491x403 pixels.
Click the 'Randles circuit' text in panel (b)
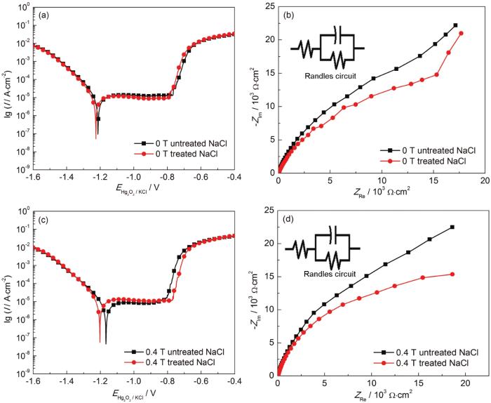327,74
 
